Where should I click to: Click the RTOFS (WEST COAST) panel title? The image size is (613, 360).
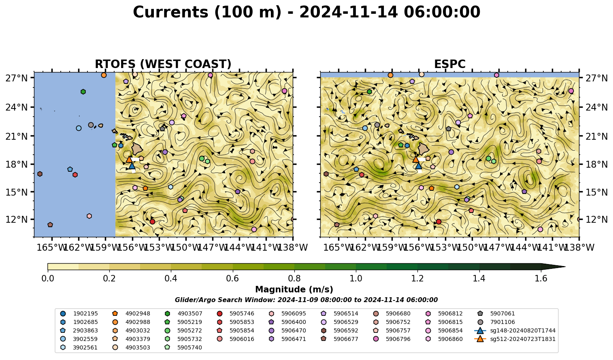coord(163,64)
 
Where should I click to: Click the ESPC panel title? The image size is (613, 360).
coord(449,64)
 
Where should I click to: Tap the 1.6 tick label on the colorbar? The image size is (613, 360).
coord(541,279)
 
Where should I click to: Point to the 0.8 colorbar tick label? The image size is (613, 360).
coord(294,279)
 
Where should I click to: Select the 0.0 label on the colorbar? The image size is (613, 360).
coord(48,279)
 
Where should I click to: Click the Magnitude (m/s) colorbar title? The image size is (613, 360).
coord(294,290)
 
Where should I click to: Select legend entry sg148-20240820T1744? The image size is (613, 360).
coord(515,330)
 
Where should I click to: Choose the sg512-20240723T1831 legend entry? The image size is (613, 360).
coord(515,339)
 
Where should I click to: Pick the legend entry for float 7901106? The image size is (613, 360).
coord(495,322)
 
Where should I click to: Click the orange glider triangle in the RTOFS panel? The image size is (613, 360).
coord(129,159)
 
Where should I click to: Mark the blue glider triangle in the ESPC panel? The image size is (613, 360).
coord(418,166)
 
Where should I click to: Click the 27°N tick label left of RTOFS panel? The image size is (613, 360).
coord(17,78)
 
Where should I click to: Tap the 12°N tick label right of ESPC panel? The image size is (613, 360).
coord(596,219)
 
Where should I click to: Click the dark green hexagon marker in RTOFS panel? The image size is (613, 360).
coord(83,92)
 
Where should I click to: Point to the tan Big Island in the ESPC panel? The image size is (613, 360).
coord(424,149)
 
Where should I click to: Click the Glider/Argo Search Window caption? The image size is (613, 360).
coord(306,300)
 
